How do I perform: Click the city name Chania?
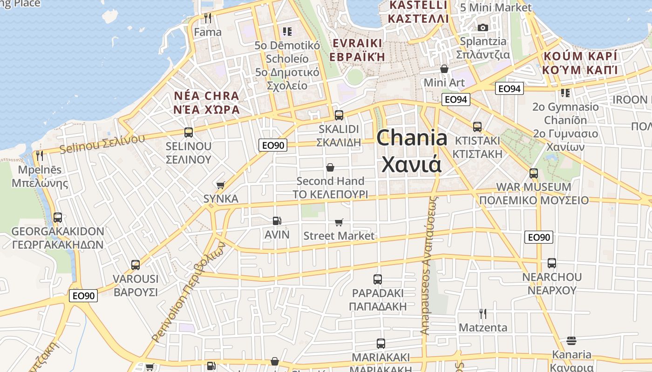point(412,138)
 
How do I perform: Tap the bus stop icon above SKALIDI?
point(339,115)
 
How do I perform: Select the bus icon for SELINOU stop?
point(189,132)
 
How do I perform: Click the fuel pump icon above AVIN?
point(277,221)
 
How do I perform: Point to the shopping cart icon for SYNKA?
point(221,185)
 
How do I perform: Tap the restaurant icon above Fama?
point(208,18)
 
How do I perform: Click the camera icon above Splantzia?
point(483,27)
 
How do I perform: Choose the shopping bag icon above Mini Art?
point(444,69)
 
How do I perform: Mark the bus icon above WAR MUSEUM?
point(534,173)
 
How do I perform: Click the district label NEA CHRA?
point(206,96)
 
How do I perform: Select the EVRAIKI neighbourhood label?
point(357,43)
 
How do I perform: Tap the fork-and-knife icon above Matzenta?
point(483,314)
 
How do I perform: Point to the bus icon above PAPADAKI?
point(378,279)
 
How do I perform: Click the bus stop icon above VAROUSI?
point(136,265)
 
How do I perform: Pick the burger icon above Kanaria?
point(571,341)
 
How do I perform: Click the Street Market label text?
point(339,236)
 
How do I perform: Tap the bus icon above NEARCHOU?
point(552,263)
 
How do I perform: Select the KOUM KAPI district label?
point(579,56)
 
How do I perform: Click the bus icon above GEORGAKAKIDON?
point(58,218)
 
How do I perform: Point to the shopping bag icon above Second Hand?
point(330,167)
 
